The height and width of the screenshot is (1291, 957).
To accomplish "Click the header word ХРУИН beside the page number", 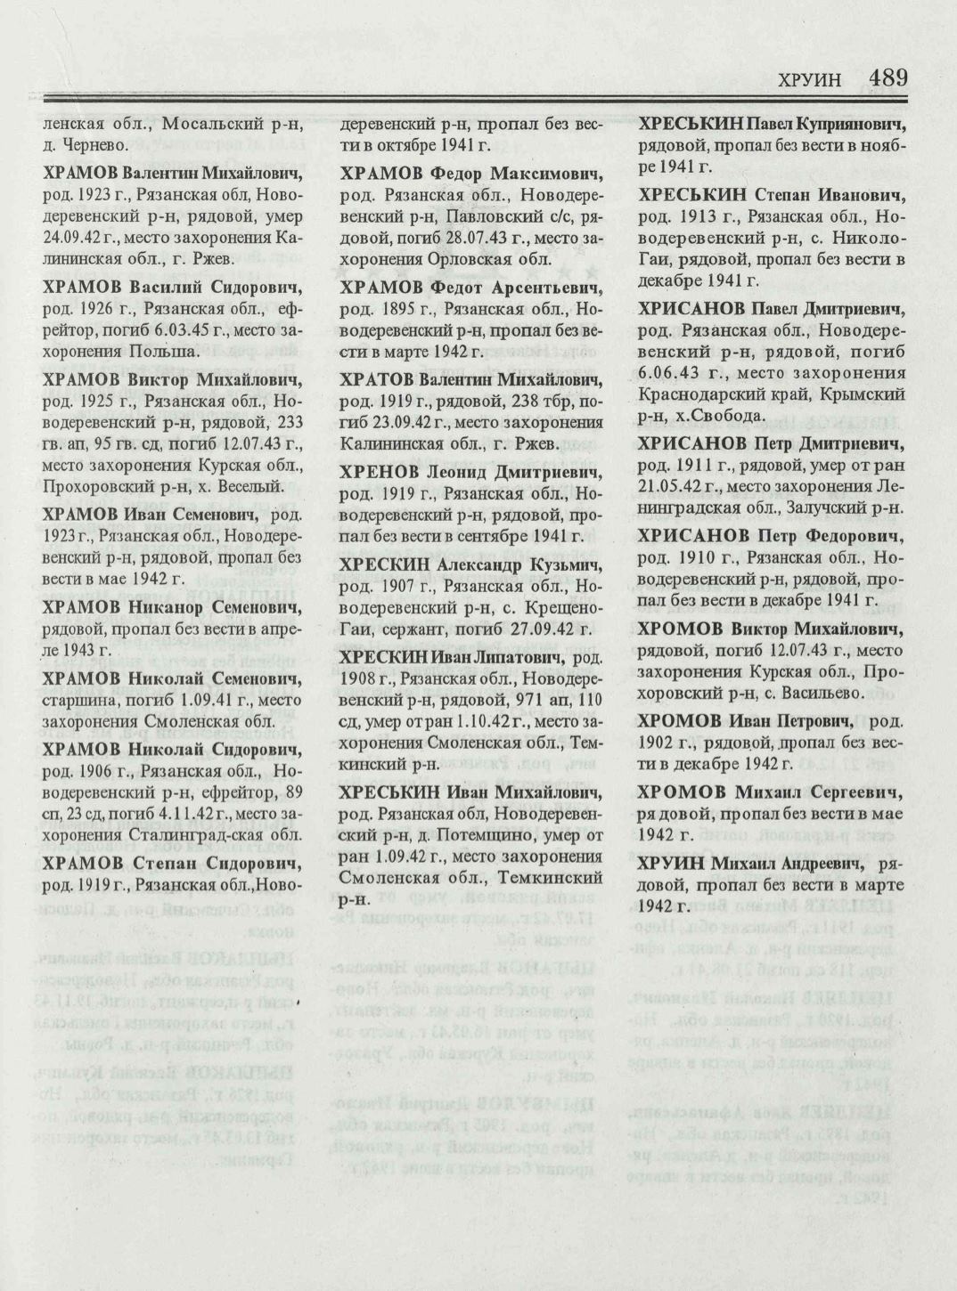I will point(809,80).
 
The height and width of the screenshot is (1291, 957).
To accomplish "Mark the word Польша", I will point(168,352).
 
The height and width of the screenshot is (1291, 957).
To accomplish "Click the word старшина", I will point(76,700).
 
